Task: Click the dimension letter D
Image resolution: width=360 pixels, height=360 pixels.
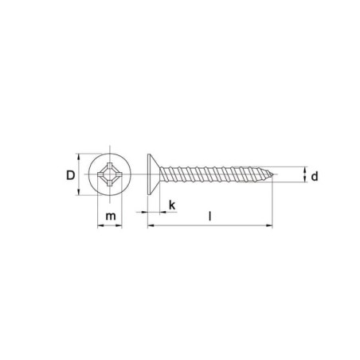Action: coord(71,175)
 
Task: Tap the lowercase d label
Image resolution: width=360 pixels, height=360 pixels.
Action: coord(315,176)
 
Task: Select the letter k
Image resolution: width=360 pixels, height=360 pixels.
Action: coord(172,205)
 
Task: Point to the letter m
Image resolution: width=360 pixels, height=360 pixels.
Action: coord(111,217)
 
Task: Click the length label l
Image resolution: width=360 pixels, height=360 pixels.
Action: coord(210,216)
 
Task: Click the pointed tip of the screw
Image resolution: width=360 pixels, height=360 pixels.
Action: coord(273,174)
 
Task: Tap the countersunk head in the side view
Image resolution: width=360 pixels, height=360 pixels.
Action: coord(154,174)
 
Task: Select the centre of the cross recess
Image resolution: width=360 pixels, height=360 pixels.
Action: coord(110,174)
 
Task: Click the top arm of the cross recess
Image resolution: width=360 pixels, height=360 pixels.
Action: coord(110,166)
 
